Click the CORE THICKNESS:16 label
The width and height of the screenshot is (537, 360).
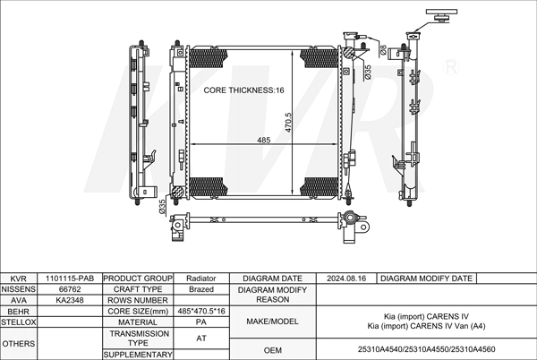click(243, 90)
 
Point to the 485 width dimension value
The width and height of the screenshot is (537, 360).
click(264, 140)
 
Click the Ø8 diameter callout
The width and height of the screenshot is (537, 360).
click(383, 50)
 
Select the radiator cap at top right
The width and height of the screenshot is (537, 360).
click(441, 15)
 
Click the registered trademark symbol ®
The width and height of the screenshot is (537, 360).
click(451, 67)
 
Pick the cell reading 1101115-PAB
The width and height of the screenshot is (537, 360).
click(70, 279)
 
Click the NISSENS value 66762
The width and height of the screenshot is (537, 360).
click(70, 289)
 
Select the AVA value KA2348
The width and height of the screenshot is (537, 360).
click(70, 300)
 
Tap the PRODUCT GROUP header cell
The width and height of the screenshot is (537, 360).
click(138, 279)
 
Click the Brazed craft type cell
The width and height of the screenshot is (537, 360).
click(201, 289)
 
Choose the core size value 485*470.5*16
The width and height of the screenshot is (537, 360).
click(201, 311)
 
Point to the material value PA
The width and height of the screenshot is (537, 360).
click(201, 322)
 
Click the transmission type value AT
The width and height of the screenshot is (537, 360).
click(201, 339)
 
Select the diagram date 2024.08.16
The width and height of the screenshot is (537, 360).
click(346, 279)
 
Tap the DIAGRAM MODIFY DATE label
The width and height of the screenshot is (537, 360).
click(426, 279)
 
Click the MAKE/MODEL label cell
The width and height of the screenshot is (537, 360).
click(273, 321)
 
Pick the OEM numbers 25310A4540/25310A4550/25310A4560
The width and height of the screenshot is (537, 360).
click(426, 349)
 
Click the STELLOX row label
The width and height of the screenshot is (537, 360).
click(18, 322)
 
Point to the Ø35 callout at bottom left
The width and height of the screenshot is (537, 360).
click(162, 207)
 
